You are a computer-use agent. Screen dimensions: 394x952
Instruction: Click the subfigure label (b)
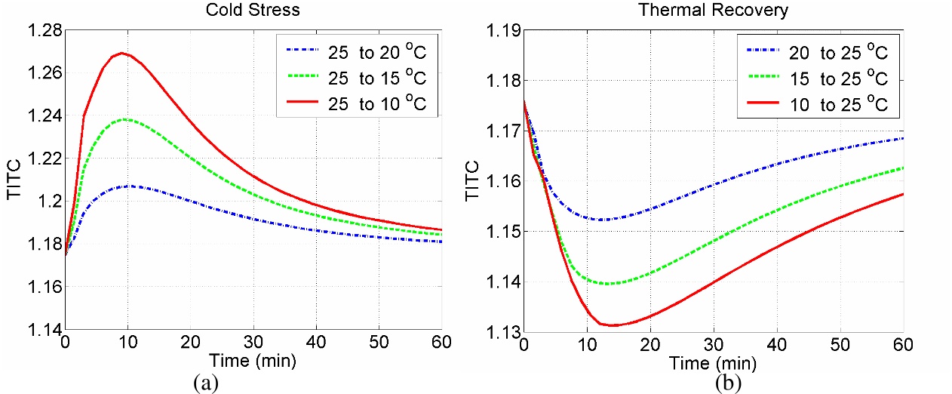(729, 382)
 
